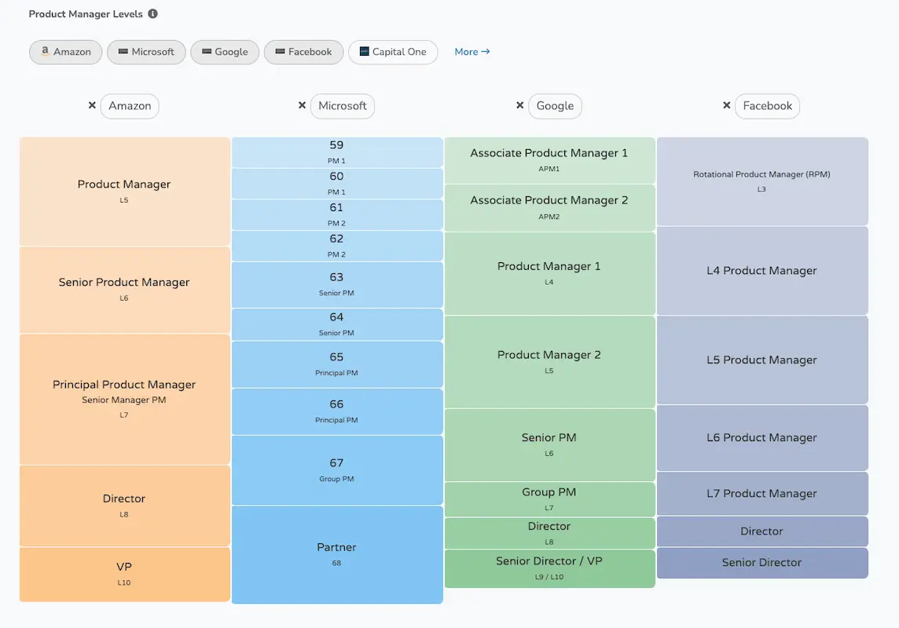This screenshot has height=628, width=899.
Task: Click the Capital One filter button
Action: pyautogui.click(x=392, y=52)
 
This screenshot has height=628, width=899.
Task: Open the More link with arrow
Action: pyautogui.click(x=472, y=52)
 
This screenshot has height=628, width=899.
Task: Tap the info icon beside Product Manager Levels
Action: pyautogui.click(x=152, y=14)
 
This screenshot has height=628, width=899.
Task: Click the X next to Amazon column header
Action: pyautogui.click(x=92, y=105)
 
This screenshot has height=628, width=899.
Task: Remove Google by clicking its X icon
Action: pyautogui.click(x=519, y=105)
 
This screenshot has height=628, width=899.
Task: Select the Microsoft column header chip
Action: pyautogui.click(x=342, y=106)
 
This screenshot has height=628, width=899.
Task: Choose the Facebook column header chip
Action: pyautogui.click(x=767, y=106)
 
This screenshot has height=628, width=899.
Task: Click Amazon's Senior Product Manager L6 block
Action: pyautogui.click(x=124, y=289)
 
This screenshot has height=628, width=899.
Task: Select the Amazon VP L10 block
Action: pyautogui.click(x=124, y=574)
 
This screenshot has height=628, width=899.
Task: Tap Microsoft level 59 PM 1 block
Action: pyautogui.click(x=336, y=152)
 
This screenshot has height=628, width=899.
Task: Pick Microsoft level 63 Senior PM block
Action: pyautogui.click(x=336, y=284)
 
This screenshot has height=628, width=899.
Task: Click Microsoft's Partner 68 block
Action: pyautogui.click(x=336, y=554)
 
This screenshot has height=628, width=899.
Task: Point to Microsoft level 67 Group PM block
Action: pyautogui.click(x=336, y=469)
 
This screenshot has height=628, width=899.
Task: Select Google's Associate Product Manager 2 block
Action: pyautogui.click(x=549, y=207)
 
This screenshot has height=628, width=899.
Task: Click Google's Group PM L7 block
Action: pyautogui.click(x=549, y=498)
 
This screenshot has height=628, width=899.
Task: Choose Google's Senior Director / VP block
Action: pyautogui.click(x=549, y=568)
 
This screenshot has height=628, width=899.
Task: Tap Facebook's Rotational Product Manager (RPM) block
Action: pyautogui.click(x=761, y=181)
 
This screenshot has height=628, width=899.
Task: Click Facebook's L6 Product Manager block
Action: pyautogui.click(x=761, y=438)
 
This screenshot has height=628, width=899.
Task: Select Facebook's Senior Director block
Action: pyautogui.click(x=761, y=563)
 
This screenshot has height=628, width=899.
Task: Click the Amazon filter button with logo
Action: pyautogui.click(x=65, y=52)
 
